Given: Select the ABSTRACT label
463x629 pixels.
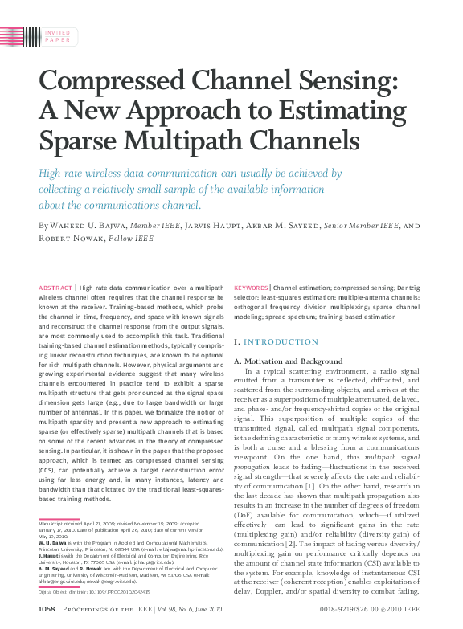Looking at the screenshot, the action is (x=55, y=287).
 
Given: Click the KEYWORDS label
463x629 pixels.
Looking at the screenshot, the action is (x=251, y=287).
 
